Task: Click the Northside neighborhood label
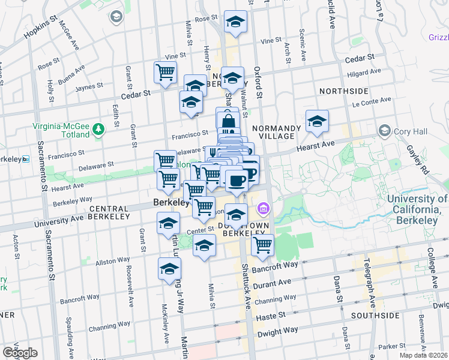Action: tap(343, 91)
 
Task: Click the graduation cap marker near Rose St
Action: tap(235, 22)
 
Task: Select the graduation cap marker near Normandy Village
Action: tap(317, 121)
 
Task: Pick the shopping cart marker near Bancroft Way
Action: tap(262, 245)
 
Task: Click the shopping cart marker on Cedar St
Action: tap(165, 73)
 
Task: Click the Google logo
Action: tap(20, 353)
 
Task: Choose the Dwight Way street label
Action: tap(277, 331)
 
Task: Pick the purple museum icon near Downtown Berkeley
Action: tap(263, 209)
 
